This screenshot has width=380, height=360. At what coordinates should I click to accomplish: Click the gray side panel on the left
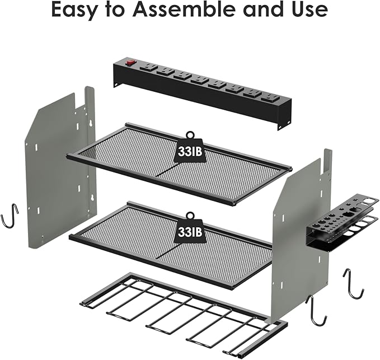[59, 168]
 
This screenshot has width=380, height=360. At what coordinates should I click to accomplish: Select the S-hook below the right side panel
[316, 311]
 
